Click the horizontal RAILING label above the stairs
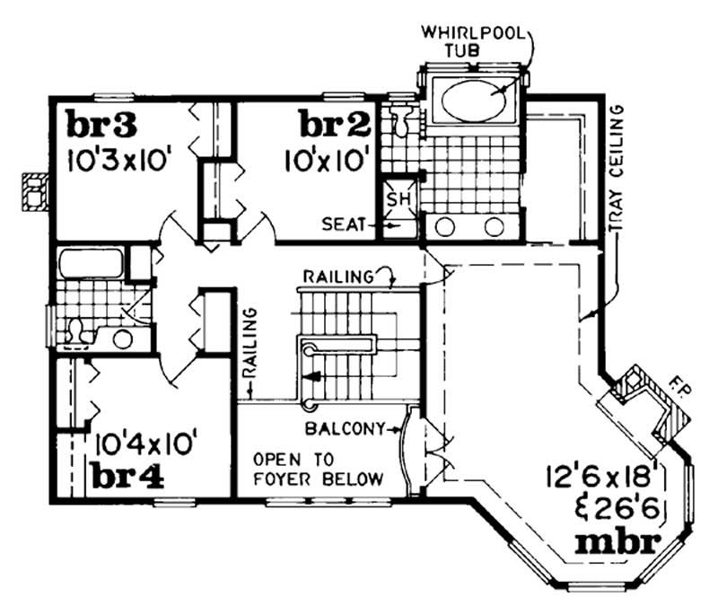tap(337, 277)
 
